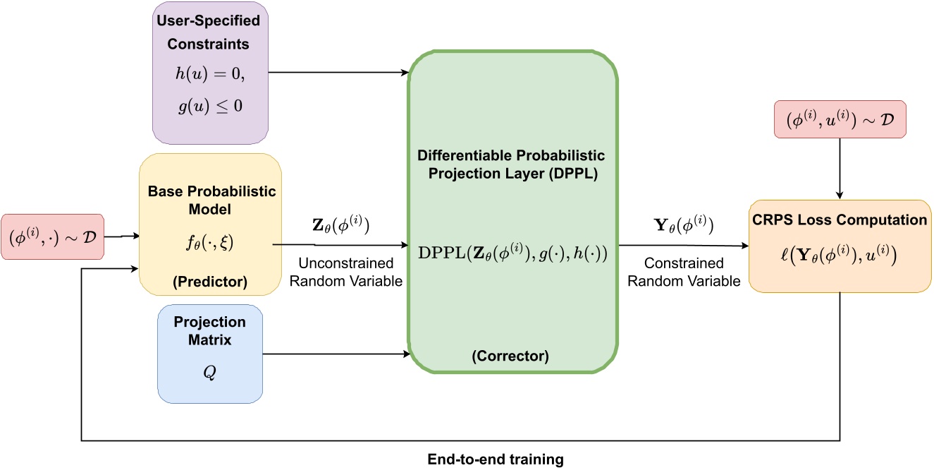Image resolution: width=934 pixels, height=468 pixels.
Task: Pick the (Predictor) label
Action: [210, 282]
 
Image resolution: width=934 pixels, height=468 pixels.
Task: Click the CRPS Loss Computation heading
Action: [840, 220]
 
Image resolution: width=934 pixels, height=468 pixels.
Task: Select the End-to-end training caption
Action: [496, 460]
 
